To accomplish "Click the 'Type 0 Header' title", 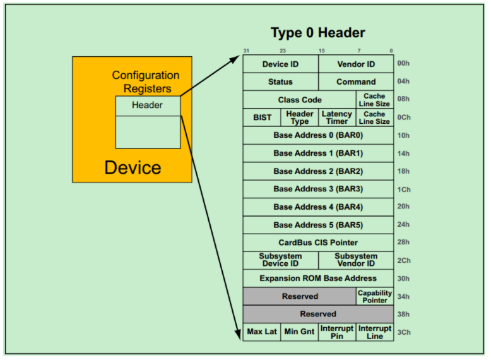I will coord(317,33).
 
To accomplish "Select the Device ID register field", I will coord(280,64).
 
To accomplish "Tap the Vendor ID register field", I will coord(356,64).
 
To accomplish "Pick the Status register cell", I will coord(280,81).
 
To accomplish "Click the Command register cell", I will coord(356,81).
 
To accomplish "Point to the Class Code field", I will coord(299,100).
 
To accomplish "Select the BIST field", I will coord(262,117).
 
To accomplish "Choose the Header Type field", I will coord(300,117).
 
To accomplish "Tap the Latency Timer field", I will coord(337,117).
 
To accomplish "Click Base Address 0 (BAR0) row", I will coord(318,135).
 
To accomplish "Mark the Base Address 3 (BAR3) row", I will coord(318,189).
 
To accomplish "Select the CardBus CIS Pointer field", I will coord(318,243).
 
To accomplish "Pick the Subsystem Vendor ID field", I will coord(356,260).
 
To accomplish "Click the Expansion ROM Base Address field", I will coord(318,278).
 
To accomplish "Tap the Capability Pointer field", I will coord(375,296).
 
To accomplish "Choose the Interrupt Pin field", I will coord(337,332).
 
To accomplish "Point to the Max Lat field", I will coord(262,332).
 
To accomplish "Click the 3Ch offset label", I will coord(403,332).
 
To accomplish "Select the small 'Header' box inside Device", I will coord(148,105).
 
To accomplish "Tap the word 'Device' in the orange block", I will coord(133,167).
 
